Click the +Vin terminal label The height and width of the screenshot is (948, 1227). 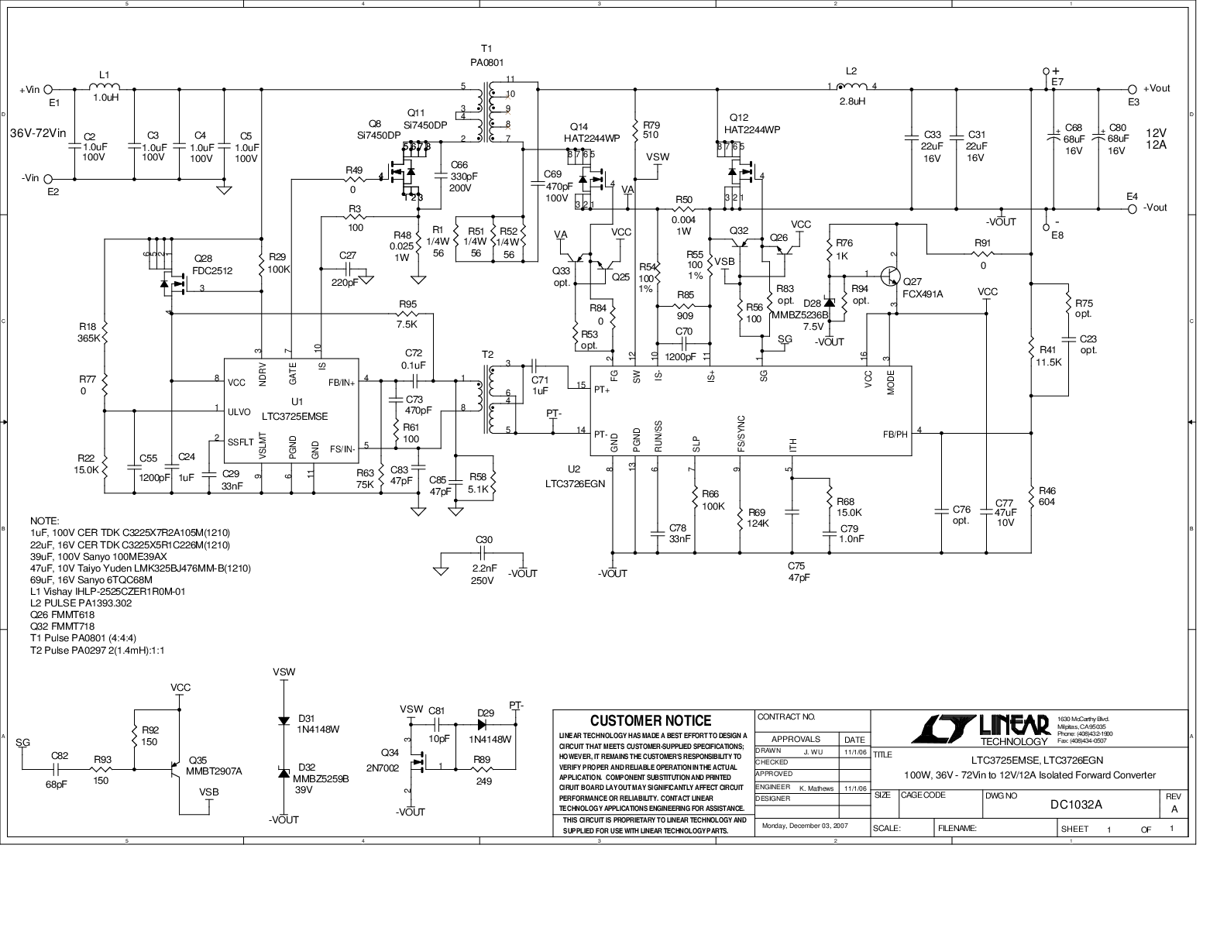tap(29, 90)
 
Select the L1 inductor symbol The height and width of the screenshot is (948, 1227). tap(105, 87)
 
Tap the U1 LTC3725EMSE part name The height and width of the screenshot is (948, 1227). tap(295, 417)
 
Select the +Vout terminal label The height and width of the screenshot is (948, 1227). tap(1157, 88)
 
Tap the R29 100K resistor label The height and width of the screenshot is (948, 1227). tap(279, 263)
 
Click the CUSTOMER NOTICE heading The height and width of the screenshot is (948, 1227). tap(651, 721)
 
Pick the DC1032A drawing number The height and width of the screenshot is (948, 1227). tap(1076, 804)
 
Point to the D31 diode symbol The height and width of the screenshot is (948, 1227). tap(284, 720)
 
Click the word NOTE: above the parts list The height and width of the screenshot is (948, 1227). tap(44, 521)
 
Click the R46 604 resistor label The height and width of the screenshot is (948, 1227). tap(1047, 496)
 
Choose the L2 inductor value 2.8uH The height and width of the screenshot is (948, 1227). tap(852, 101)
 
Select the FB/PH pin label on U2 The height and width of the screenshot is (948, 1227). tap(895, 434)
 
